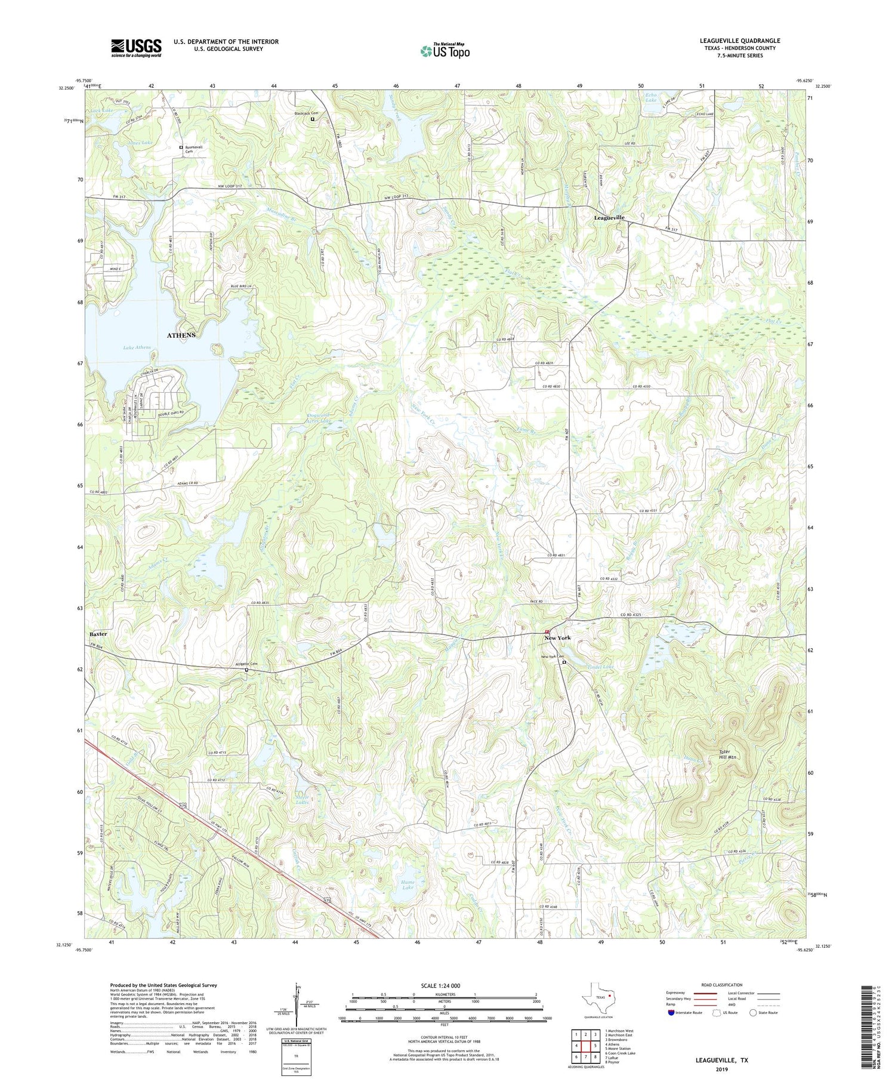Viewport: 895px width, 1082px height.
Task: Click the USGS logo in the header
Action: click(x=136, y=48)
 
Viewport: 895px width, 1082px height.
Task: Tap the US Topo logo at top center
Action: click(x=445, y=51)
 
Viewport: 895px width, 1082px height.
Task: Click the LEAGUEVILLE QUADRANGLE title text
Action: click(x=740, y=41)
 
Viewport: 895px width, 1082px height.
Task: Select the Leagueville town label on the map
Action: click(x=609, y=218)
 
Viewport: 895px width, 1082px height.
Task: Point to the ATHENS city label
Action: click(x=181, y=335)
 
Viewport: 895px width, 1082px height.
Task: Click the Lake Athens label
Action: click(x=137, y=347)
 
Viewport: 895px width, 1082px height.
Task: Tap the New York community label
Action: click(x=557, y=638)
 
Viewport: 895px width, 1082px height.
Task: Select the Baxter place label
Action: click(x=98, y=634)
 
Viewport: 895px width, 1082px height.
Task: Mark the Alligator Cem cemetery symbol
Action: click(x=246, y=670)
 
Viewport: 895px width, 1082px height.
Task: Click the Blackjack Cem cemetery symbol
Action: click(x=313, y=119)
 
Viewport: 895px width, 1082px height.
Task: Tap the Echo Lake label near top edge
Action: click(x=651, y=97)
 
